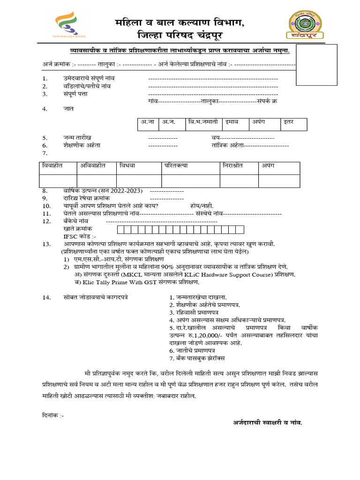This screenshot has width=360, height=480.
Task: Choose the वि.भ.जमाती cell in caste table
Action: (x=203, y=122)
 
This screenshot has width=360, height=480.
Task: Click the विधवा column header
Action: (x=127, y=166)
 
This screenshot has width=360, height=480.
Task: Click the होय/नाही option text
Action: (x=202, y=206)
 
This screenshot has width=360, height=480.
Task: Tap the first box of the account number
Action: (x=120, y=229)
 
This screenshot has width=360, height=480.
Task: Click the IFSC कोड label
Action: (x=80, y=237)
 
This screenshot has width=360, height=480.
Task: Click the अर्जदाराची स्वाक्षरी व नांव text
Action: (x=268, y=422)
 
